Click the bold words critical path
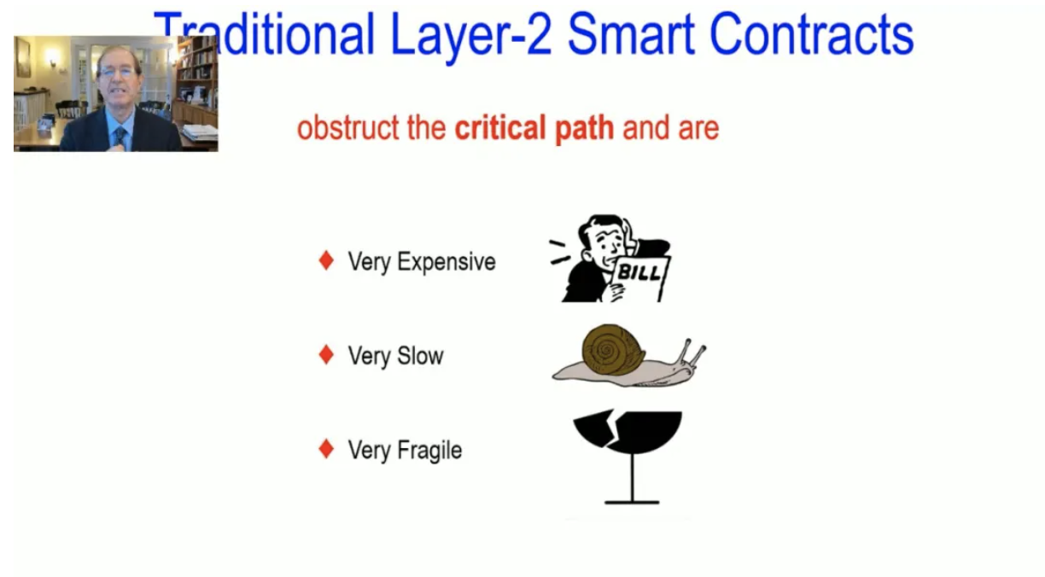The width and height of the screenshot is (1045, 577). pyautogui.click(x=534, y=128)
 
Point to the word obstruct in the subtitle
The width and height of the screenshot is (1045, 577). pyautogui.click(x=348, y=128)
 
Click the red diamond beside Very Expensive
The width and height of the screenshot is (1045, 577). pyautogui.click(x=326, y=260)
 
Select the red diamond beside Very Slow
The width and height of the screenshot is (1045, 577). pyautogui.click(x=326, y=354)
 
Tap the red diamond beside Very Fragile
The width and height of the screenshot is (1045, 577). pyautogui.click(x=326, y=449)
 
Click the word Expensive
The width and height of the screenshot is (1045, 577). pyautogui.click(x=446, y=262)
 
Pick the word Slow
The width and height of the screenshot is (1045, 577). pyautogui.click(x=420, y=355)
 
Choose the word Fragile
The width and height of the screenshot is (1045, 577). pyautogui.click(x=429, y=451)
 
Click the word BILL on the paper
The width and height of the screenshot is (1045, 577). pyautogui.click(x=639, y=273)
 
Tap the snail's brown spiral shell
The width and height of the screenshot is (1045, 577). pyautogui.click(x=613, y=350)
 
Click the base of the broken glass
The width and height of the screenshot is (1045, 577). pyautogui.click(x=632, y=502)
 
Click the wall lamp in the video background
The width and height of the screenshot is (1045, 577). pyautogui.click(x=52, y=58)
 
